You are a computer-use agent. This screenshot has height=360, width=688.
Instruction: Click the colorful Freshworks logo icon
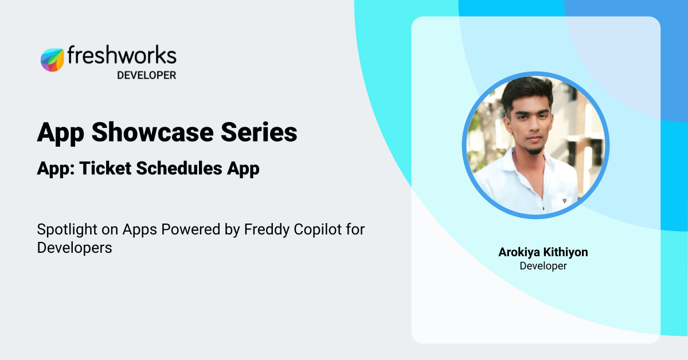(52, 60)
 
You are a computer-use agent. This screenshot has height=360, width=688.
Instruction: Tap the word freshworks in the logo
(122, 56)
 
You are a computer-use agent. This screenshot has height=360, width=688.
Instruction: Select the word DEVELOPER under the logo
(146, 75)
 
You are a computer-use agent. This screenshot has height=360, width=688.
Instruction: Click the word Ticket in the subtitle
(101, 169)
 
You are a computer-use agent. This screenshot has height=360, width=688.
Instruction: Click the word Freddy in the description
(264, 230)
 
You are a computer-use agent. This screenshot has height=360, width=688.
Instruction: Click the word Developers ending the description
(74, 248)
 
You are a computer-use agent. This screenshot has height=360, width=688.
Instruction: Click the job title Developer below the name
(543, 266)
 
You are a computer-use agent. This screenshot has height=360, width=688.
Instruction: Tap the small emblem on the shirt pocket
(565, 201)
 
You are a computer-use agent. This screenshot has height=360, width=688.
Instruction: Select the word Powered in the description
(187, 230)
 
